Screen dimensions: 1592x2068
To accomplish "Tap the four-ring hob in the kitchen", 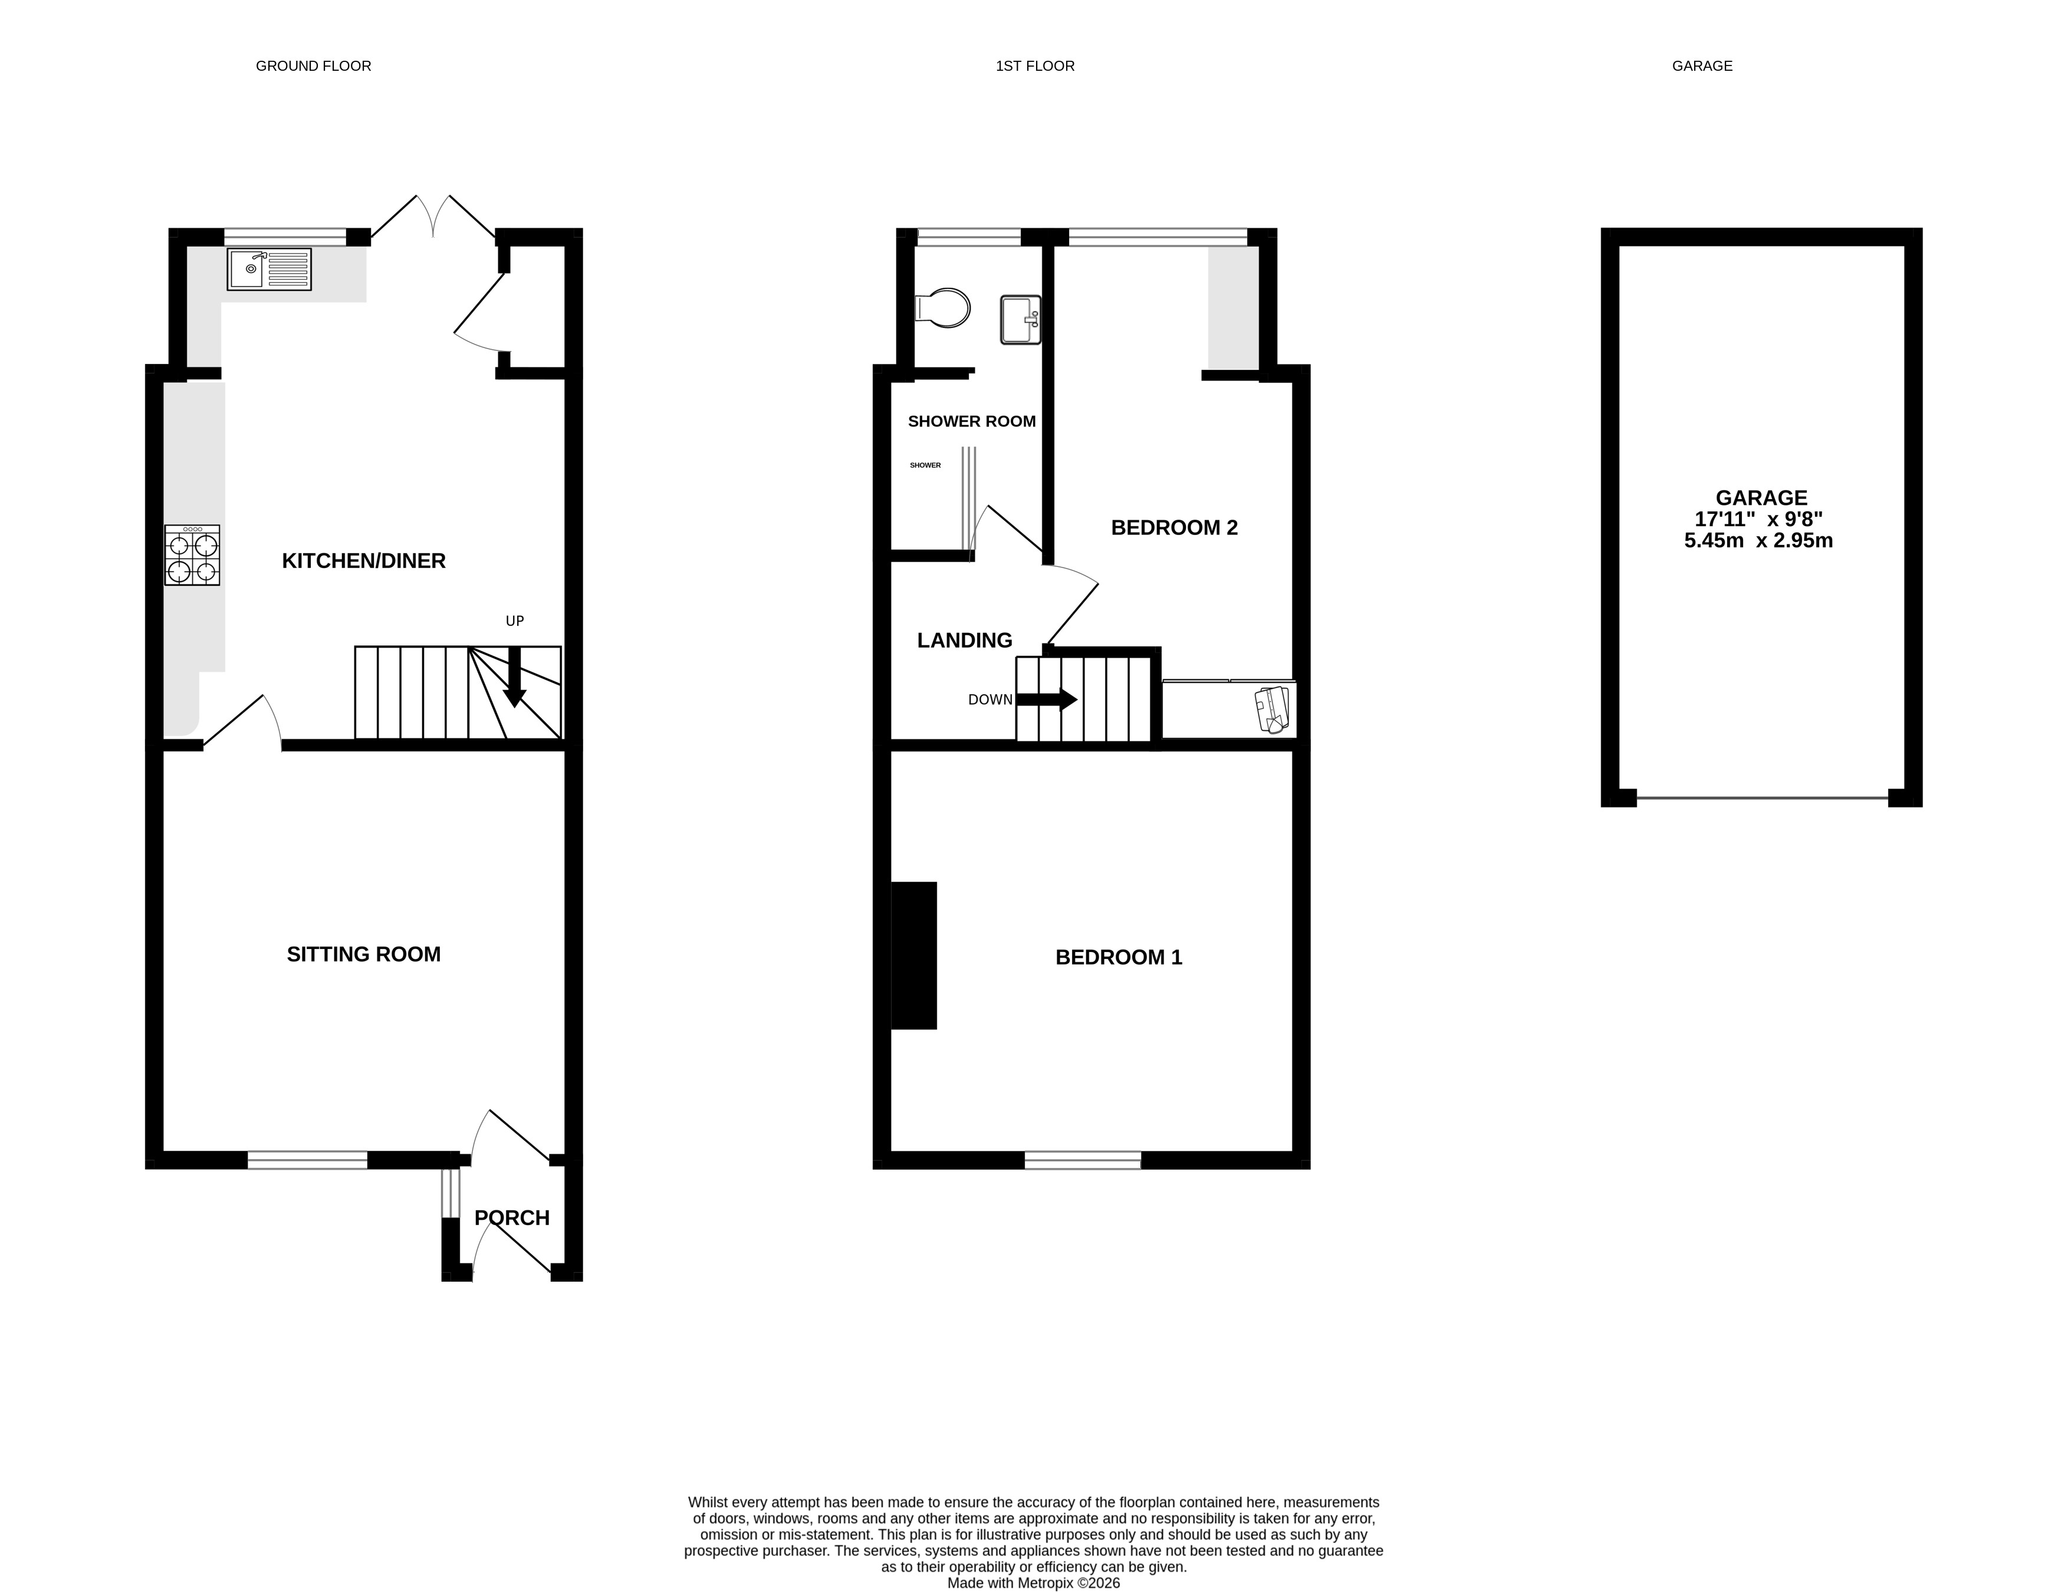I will point(192,556).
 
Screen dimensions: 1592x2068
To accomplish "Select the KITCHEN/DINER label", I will point(364,561).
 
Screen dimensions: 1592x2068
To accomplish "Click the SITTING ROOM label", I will point(364,954).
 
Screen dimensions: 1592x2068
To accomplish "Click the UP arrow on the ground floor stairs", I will point(514,678).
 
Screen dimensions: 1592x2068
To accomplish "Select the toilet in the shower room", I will point(943,308).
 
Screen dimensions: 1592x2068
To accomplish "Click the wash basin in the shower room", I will point(1020,320).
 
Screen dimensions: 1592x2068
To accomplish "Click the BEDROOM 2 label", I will point(1174,527).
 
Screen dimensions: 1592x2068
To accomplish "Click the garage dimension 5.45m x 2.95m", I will point(1758,541).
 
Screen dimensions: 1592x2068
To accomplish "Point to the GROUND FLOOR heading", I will point(314,66).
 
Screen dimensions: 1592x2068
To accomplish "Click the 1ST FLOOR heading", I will point(1035,66).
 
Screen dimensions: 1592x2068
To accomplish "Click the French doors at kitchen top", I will point(433,217).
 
